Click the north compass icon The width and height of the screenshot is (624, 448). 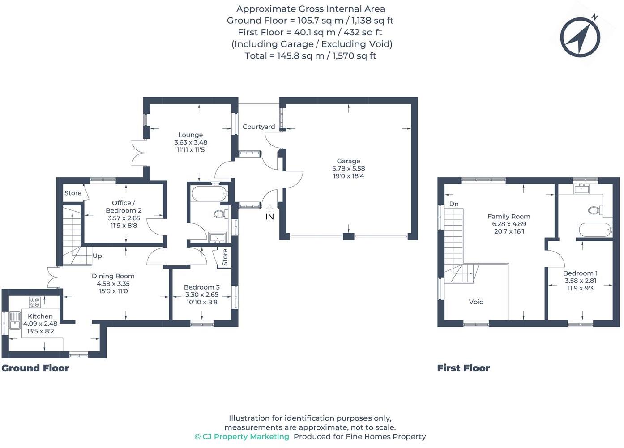580,38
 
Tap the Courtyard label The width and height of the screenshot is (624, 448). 259,127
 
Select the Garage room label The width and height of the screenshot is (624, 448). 348,161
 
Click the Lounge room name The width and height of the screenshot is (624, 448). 190,135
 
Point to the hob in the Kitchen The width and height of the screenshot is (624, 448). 34,302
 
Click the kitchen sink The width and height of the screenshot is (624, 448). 15,320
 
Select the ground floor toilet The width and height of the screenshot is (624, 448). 220,214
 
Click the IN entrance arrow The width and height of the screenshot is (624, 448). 269,209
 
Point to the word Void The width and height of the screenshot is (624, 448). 476,302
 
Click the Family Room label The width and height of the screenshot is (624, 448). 509,216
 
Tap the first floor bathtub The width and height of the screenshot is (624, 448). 595,230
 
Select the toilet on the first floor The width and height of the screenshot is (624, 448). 594,210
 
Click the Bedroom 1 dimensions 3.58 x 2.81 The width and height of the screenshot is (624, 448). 581,281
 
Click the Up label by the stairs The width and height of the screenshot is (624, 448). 97,256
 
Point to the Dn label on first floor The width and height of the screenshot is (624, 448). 454,204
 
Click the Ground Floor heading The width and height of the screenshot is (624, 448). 35,368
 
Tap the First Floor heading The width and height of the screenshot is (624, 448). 463,368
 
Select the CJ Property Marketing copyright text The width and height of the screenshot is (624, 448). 242,437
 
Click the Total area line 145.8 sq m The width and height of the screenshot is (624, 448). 310,56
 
